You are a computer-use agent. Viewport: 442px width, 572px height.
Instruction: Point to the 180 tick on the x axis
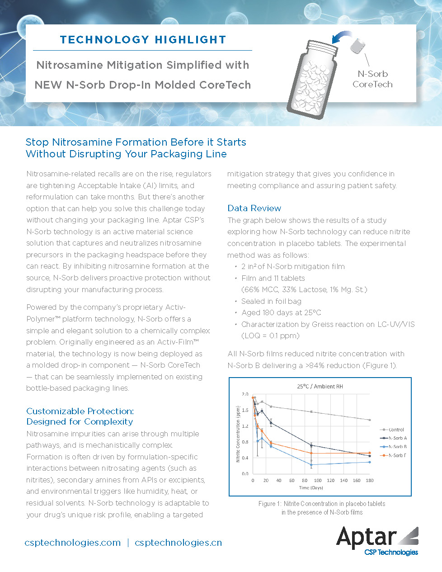(x=370, y=480)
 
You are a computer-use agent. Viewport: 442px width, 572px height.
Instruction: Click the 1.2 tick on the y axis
(x=245, y=426)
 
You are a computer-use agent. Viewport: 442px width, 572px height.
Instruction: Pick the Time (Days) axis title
(x=311, y=488)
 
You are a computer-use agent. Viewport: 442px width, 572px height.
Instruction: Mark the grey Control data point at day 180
(x=370, y=420)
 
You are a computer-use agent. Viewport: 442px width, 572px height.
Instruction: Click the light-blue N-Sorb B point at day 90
(x=311, y=465)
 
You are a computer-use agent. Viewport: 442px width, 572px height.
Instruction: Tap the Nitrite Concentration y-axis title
(x=238, y=434)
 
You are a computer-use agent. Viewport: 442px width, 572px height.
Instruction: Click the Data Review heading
(x=254, y=208)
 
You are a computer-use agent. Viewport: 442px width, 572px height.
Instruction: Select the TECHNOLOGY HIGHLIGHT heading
(x=143, y=40)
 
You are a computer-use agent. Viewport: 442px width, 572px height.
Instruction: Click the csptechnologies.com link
(x=73, y=543)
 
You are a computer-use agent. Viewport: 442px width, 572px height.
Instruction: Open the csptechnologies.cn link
(x=178, y=543)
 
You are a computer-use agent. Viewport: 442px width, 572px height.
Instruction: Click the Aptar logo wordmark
(x=367, y=537)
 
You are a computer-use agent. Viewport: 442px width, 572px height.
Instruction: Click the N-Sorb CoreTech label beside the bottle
(x=372, y=79)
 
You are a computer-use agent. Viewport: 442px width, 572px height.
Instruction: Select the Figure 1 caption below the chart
(x=322, y=508)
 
